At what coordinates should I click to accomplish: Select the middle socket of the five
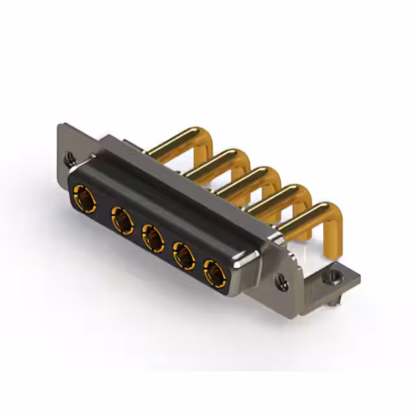pos(152,238)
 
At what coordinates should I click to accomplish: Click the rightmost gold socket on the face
pos(214,272)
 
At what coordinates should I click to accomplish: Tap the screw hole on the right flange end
pos(282,282)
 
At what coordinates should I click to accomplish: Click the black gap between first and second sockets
pos(102,207)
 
